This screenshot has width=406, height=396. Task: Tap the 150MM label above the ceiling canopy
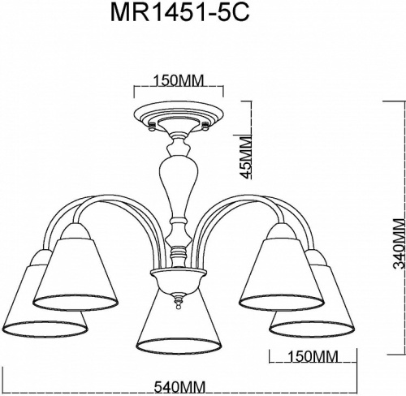179,81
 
